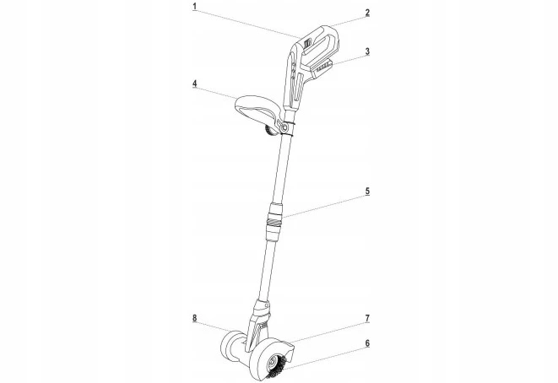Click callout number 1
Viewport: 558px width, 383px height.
[x=195, y=7]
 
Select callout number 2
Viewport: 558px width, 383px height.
[x=367, y=13]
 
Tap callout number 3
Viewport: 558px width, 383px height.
[x=367, y=51]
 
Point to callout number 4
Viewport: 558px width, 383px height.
[x=195, y=84]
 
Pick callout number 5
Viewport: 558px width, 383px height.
[x=367, y=191]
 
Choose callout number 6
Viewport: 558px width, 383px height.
[x=367, y=343]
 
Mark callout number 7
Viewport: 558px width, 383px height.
[x=367, y=318]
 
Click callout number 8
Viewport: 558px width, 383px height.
[x=195, y=318]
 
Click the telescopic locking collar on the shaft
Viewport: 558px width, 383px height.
[x=275, y=221]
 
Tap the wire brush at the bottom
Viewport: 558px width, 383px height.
[x=278, y=365]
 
